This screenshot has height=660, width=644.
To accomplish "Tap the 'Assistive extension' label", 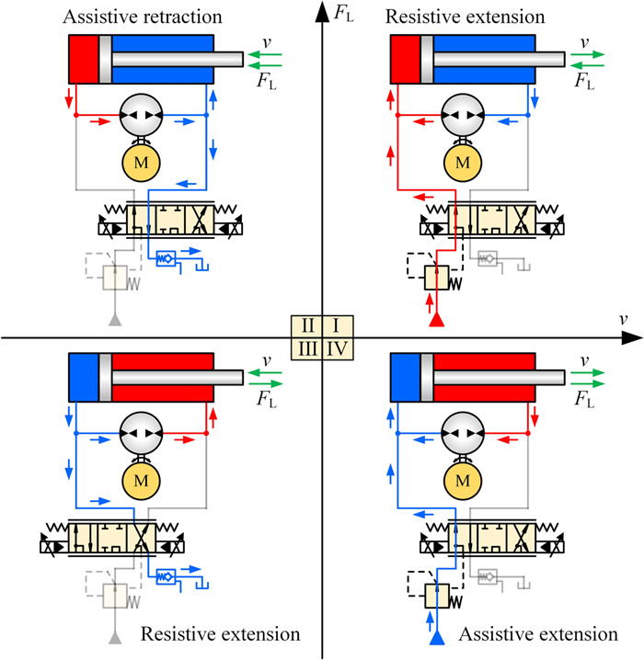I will coord(537,634).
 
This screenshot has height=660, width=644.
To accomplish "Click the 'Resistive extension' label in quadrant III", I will coord(220,634).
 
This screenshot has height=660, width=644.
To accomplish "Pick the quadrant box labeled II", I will coord(308,325).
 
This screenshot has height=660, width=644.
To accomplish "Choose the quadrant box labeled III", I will coord(307,349).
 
